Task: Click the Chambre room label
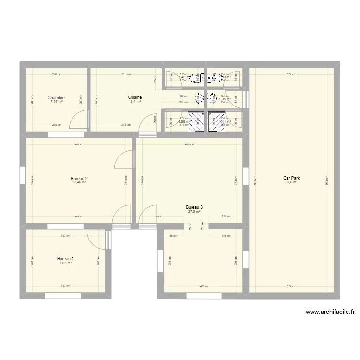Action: (x=56, y=98)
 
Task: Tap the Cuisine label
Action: (x=135, y=97)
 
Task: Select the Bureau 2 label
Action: (x=80, y=179)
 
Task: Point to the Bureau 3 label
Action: (x=194, y=207)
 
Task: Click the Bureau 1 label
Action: (x=65, y=258)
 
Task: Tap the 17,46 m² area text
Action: (x=80, y=182)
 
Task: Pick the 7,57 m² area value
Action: (x=56, y=102)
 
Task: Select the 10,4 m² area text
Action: (x=135, y=101)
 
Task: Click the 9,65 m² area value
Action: (x=65, y=263)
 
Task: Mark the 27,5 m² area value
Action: (x=194, y=212)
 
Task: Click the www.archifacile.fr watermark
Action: (x=330, y=312)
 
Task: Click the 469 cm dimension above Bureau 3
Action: (x=189, y=144)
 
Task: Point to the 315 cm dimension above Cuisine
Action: (x=126, y=74)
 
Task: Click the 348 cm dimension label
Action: (x=203, y=286)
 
